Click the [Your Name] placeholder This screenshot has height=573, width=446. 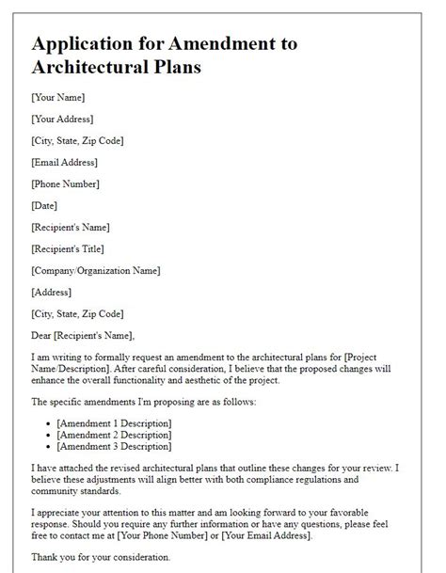[x=58, y=97]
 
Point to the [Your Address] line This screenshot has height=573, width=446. [x=65, y=119]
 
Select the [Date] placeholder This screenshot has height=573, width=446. [x=44, y=205]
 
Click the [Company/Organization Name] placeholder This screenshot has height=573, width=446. [x=95, y=270]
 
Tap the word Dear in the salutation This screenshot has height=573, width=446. [x=43, y=335]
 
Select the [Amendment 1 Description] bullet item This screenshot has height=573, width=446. [x=114, y=422]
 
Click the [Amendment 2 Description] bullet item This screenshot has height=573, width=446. [x=114, y=434]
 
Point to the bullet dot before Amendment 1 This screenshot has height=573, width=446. [x=47, y=422]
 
